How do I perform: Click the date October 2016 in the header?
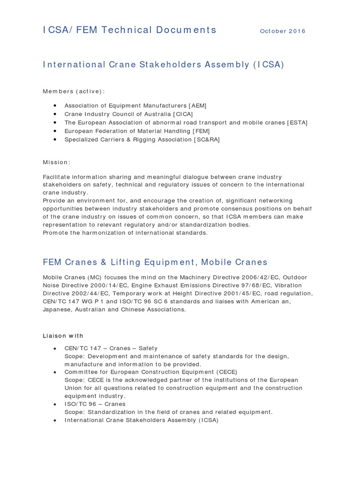point(282,31)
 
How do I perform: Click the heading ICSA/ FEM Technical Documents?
point(130,30)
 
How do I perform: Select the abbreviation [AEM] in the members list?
point(197,105)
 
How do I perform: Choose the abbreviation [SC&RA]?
point(207,139)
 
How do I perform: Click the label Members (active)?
point(74,91)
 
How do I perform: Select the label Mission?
point(57,162)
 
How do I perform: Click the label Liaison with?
point(63,336)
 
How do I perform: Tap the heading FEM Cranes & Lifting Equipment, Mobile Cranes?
point(155,262)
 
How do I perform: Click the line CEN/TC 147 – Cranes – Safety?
point(111,348)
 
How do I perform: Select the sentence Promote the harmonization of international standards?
point(125,232)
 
